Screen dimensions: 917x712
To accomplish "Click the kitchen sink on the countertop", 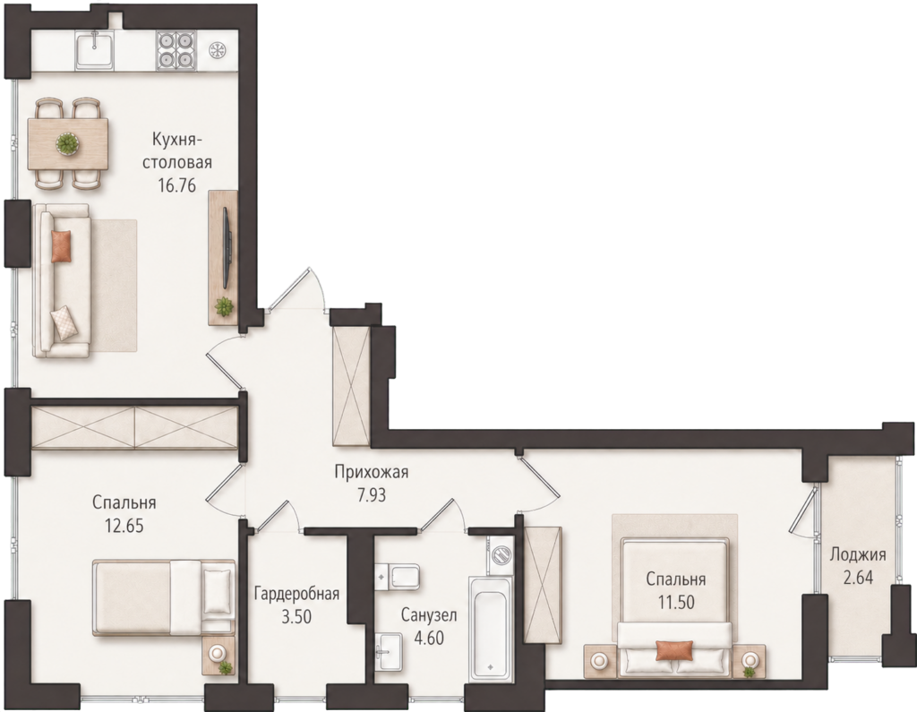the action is [x=95, y=49].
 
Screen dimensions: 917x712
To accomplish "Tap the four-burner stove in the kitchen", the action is [x=176, y=50].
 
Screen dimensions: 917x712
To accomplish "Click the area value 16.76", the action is [x=176, y=185].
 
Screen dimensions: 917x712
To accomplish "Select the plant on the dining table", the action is [x=67, y=143].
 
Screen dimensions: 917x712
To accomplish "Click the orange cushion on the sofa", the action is [x=61, y=245].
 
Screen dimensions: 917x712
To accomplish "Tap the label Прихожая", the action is [x=372, y=472].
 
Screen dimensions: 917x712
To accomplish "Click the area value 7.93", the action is [x=372, y=495].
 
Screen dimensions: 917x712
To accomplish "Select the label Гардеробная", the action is [x=296, y=595].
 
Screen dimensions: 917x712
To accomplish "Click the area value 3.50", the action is [x=296, y=617].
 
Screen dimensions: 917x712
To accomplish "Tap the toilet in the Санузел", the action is [x=397, y=577].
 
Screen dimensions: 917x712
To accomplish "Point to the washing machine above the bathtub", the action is [x=501, y=553].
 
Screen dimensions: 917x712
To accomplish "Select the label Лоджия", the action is [x=858, y=554].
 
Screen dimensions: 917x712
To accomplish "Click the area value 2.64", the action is [x=858, y=578].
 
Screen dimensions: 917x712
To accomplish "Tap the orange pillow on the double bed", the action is [x=674, y=650].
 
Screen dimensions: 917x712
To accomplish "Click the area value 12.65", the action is [x=124, y=526].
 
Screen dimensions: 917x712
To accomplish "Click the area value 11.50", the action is [x=676, y=602].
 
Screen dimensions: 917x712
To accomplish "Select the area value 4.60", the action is [x=429, y=638].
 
